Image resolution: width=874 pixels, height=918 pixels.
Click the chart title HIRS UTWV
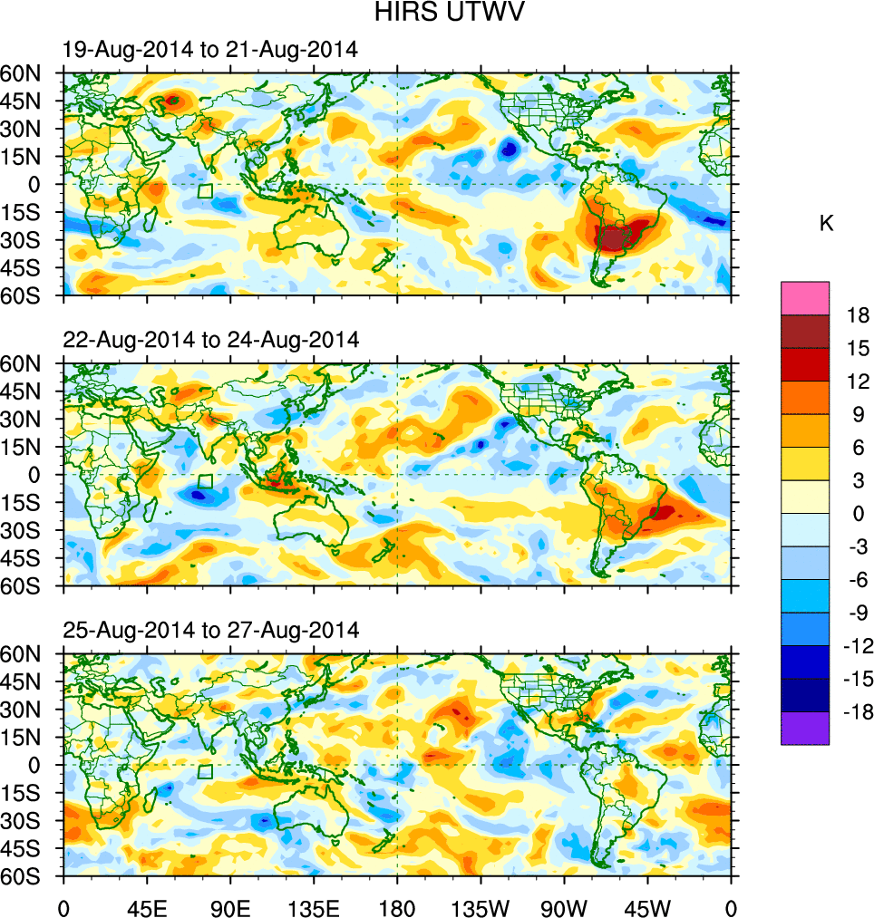point(438,13)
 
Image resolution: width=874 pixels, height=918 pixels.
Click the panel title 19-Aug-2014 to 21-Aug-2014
point(210,50)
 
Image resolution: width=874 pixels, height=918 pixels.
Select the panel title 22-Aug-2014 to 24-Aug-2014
point(211,340)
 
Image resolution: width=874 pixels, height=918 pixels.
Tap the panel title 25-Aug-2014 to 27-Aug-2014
point(211,630)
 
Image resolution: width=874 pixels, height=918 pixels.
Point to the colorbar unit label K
point(826,224)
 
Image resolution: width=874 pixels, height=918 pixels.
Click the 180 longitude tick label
point(397,906)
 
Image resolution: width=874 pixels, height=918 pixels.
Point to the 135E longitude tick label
point(314,906)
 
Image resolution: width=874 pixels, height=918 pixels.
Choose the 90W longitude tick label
point(564,906)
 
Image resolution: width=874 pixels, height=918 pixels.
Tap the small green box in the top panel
point(205,191)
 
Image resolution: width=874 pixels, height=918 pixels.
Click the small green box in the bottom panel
point(205,772)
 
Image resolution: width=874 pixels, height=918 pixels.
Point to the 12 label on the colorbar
point(858,382)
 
